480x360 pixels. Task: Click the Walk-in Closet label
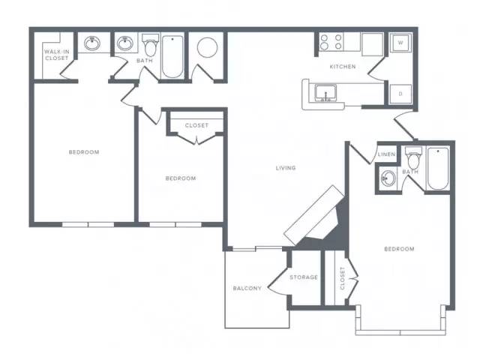pos(57,55)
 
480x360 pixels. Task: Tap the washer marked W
pos(400,43)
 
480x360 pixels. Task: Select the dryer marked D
pos(400,94)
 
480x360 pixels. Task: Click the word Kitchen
pos(343,67)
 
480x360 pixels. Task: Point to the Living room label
pos(286,168)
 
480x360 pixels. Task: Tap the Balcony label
pos(247,288)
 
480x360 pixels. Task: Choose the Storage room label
pos(304,277)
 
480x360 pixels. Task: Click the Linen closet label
pos(386,154)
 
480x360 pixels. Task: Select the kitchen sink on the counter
pos(325,93)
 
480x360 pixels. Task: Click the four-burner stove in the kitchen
pos(331,42)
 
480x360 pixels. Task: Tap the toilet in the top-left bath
pos(150,45)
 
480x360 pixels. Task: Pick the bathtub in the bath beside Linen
pos(438,168)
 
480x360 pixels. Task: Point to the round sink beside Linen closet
pos(388,178)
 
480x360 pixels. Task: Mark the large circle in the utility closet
pos(207,47)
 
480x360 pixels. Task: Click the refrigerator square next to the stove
pos(372,44)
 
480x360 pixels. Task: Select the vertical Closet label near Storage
pos(342,278)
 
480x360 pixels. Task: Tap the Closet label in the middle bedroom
pos(196,125)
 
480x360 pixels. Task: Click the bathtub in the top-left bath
pos(172,57)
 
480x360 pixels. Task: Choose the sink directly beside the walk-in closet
pos(91,43)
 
